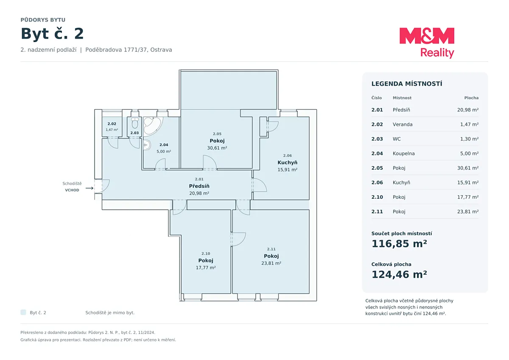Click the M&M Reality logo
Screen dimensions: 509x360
pos(427,43)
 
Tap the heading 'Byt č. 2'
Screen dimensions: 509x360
pos(52,34)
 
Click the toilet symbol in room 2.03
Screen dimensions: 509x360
pos(135,123)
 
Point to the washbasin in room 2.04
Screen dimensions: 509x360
pos(147,145)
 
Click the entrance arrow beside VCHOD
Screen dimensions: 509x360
pos(89,188)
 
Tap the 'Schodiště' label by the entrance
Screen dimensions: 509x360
pos(72,183)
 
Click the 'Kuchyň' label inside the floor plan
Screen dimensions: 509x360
pos(288,163)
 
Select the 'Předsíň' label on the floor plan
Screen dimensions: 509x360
pos(199,186)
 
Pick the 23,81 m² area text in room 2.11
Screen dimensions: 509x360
pos(271,263)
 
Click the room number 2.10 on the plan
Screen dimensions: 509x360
pos(206,253)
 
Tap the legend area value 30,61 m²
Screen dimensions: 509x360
pos(468,168)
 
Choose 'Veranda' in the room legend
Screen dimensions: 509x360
pos(403,124)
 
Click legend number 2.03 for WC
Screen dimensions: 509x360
pos(377,139)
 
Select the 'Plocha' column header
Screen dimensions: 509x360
pos(472,98)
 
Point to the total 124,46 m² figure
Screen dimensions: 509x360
pos(399,275)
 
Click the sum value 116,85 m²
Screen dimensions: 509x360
pos(399,244)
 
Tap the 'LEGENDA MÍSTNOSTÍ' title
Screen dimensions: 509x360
pos(407,84)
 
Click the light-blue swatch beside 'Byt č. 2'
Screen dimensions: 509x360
pos(23,312)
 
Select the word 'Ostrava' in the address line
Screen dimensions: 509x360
pos(161,50)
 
